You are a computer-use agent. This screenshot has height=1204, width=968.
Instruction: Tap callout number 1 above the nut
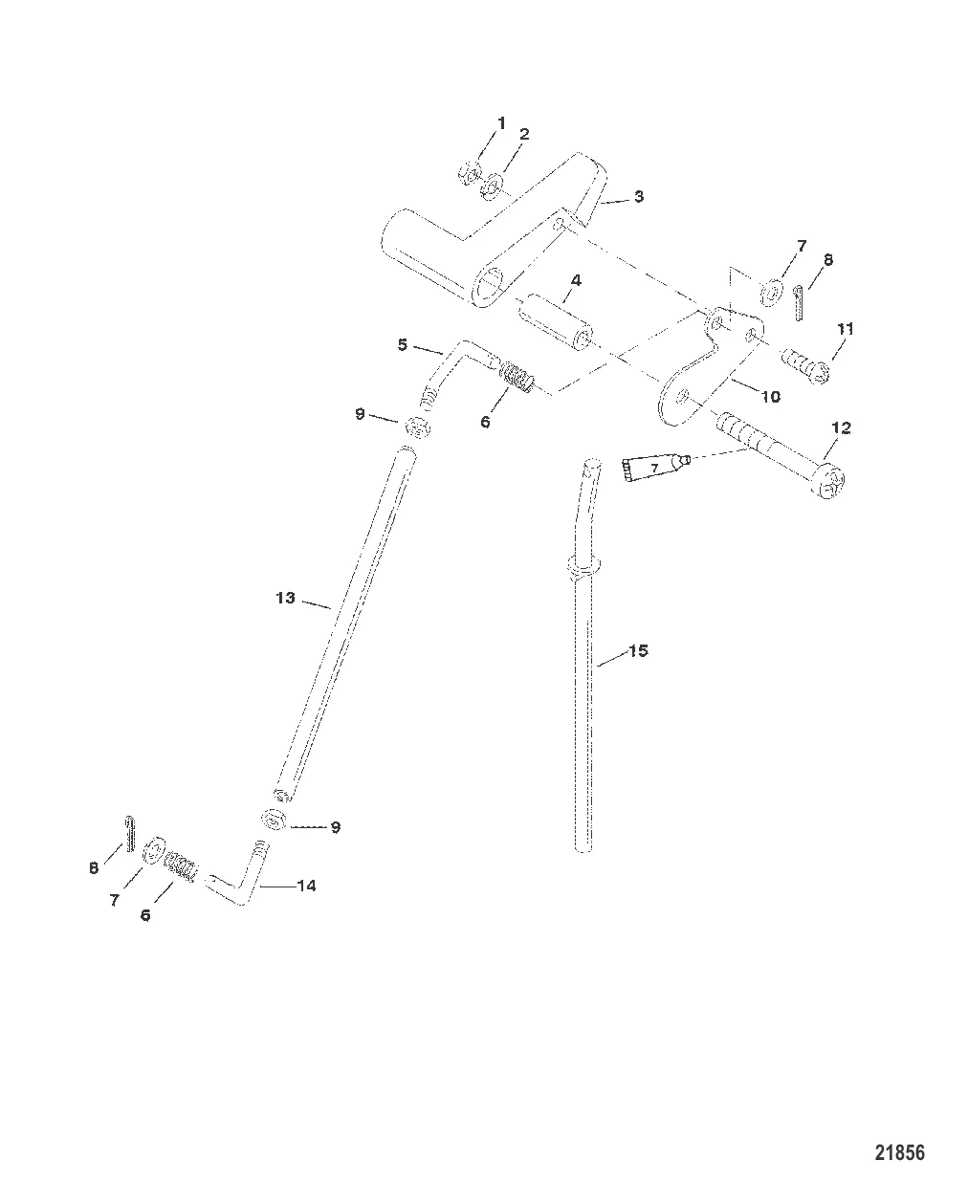tap(500, 123)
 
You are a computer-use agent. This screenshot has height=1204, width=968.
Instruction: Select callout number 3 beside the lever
tap(638, 197)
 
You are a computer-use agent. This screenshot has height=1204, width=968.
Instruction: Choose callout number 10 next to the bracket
tap(770, 396)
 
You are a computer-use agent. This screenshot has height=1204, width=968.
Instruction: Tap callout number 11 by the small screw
tap(844, 329)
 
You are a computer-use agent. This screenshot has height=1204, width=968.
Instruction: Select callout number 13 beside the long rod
tap(285, 598)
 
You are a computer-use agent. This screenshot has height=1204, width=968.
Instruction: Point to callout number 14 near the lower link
tap(306, 886)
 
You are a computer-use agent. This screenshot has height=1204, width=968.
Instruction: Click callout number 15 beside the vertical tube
tap(638, 651)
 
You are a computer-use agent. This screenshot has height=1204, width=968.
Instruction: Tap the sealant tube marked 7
tap(654, 468)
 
